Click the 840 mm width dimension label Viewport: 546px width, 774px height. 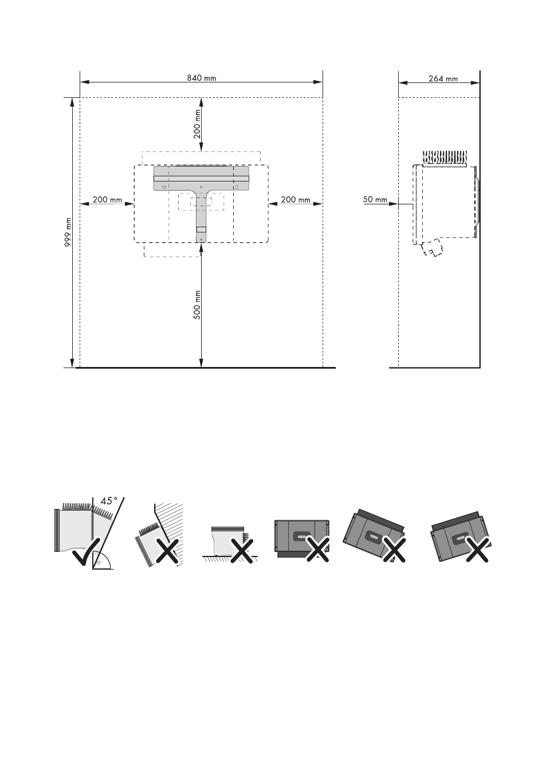pyautogui.click(x=202, y=78)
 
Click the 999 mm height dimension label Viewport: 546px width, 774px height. pyautogui.click(x=68, y=232)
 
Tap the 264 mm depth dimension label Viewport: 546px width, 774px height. pyautogui.click(x=443, y=79)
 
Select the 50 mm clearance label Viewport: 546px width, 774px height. pyautogui.click(x=375, y=199)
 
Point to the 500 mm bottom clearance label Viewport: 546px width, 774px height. pyautogui.click(x=197, y=305)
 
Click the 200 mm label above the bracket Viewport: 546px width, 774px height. pyautogui.click(x=197, y=124)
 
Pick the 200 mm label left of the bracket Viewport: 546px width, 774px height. pyautogui.click(x=107, y=200)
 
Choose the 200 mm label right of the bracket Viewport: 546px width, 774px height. pyautogui.click(x=295, y=199)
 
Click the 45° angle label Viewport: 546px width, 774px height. pyautogui.click(x=109, y=501)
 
